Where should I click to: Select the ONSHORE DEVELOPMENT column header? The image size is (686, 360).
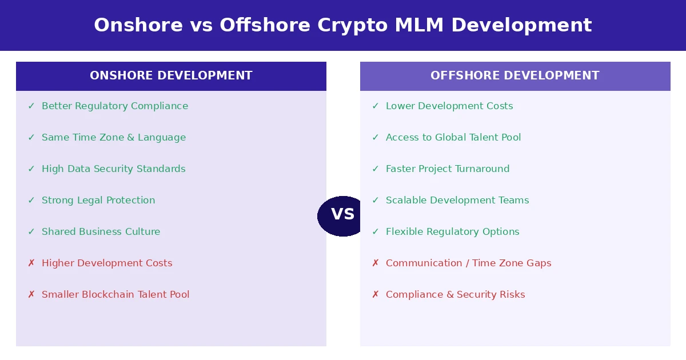[x=171, y=76]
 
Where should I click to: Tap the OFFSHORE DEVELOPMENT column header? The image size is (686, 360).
[x=514, y=76]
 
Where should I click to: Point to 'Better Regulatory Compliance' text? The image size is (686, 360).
[x=114, y=106]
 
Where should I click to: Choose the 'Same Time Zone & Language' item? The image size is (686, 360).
[x=113, y=138]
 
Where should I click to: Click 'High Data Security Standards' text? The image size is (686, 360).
[x=113, y=169]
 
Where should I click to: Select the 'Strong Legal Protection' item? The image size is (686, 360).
[x=98, y=201]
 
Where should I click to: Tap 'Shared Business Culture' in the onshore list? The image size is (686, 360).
[x=101, y=232]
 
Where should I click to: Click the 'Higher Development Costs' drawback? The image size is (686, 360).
[x=107, y=263]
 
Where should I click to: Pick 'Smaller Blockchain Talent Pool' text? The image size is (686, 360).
[x=115, y=295]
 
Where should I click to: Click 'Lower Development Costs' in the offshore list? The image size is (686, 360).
[x=449, y=106]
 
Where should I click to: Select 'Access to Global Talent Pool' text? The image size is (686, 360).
[x=453, y=138]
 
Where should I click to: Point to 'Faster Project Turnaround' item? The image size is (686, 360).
[x=448, y=169]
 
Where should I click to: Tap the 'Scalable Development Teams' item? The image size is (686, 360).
[x=457, y=201]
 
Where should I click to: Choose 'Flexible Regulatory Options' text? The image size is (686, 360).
[x=452, y=232]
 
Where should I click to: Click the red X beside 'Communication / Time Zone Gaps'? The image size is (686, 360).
[x=375, y=263]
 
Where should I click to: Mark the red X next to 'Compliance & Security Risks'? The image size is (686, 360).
[x=375, y=295]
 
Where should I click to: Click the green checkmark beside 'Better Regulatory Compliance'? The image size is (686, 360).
[x=31, y=106]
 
